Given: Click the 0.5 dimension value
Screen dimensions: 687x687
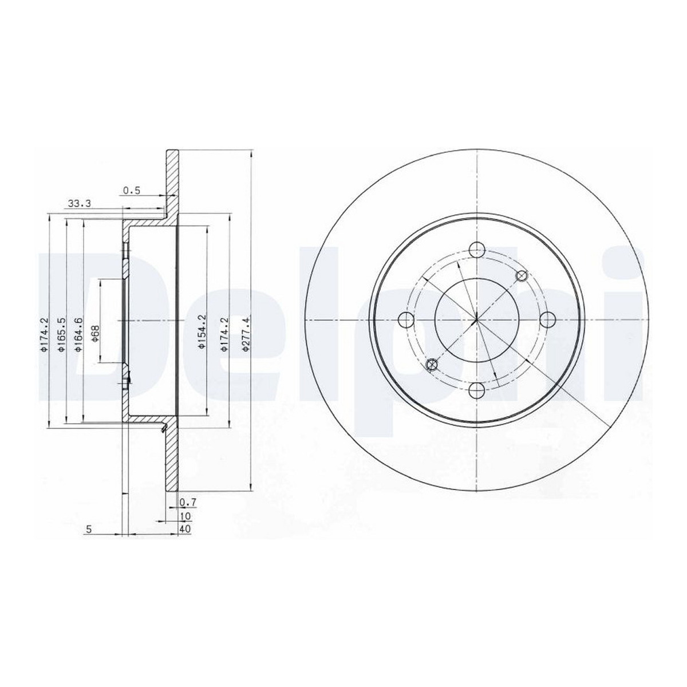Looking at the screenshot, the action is tap(132, 191).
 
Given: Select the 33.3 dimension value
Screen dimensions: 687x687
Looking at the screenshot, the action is tap(80, 204).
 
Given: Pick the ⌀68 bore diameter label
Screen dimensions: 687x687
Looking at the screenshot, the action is tap(96, 334).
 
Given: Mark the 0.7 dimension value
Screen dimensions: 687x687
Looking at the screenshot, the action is tap(188, 503).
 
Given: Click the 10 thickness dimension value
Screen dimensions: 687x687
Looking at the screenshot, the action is tap(186, 516).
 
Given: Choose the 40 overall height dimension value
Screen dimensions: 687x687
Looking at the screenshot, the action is tap(185, 529).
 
